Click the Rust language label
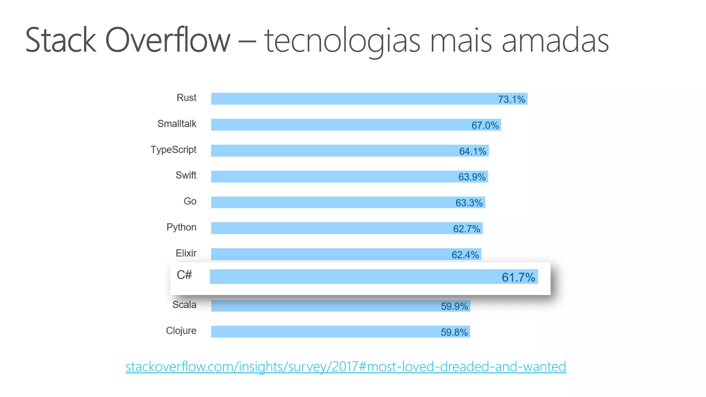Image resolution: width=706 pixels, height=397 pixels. click(186, 98)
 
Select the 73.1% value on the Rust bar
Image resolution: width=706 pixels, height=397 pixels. click(511, 100)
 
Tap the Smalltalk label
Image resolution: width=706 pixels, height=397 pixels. click(177, 124)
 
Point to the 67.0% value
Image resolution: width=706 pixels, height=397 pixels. click(485, 125)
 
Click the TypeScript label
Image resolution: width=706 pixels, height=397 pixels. click(173, 150)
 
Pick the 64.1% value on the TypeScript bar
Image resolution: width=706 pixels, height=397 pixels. click(473, 151)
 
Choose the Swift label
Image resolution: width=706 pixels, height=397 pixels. click(186, 175)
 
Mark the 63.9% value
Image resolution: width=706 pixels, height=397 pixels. click(472, 177)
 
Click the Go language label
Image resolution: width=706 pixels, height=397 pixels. click(190, 201)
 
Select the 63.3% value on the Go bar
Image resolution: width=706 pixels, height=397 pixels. click(469, 203)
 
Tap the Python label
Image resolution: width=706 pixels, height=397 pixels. click(181, 227)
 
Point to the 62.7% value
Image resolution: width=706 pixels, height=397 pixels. click(466, 229)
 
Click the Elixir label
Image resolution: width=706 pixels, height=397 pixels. click(186, 253)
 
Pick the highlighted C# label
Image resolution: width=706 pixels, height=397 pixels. click(184, 275)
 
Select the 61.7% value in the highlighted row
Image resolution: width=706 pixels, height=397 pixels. click(518, 277)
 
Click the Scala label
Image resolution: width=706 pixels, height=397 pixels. click(184, 305)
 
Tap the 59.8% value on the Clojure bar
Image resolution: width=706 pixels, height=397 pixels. click(454, 333)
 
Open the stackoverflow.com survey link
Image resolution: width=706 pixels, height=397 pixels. click(346, 367)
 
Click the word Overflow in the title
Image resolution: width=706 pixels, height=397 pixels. click(168, 40)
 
